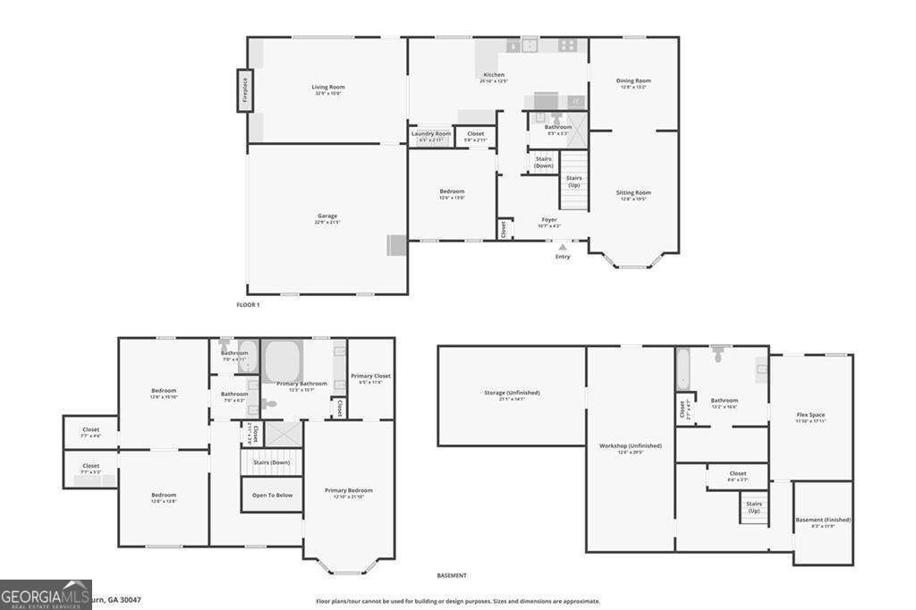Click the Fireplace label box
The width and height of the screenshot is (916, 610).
(x=245, y=91)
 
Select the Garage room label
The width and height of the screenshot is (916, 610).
(x=327, y=217)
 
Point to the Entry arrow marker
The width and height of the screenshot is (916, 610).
(x=562, y=247)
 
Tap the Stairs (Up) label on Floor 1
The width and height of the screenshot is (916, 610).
(x=573, y=181)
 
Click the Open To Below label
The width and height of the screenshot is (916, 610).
(x=272, y=495)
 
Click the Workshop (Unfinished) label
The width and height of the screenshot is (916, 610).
(x=630, y=448)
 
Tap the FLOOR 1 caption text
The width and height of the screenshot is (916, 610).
(x=248, y=305)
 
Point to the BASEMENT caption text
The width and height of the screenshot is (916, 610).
(x=451, y=575)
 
